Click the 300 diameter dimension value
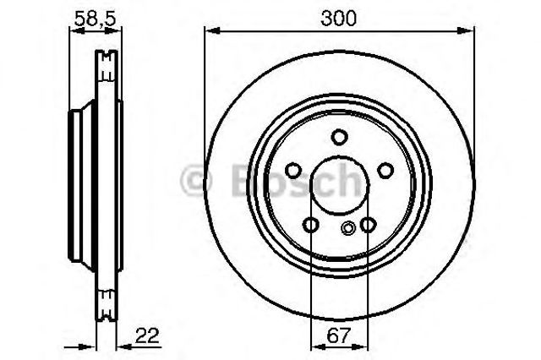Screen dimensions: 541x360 pos(338,19)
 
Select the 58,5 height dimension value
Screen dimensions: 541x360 pos(95,19)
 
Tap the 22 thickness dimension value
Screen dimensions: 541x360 pos(147,335)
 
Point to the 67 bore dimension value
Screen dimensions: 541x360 pos(338,335)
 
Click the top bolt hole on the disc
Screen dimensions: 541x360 pos(339,137)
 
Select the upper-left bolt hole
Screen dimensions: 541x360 pos(293,171)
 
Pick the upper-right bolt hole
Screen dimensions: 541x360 pos(385,171)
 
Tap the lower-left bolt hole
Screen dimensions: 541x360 pos(310,225)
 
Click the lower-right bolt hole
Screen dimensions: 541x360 pos(369,225)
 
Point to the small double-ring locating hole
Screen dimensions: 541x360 pos(347,227)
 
